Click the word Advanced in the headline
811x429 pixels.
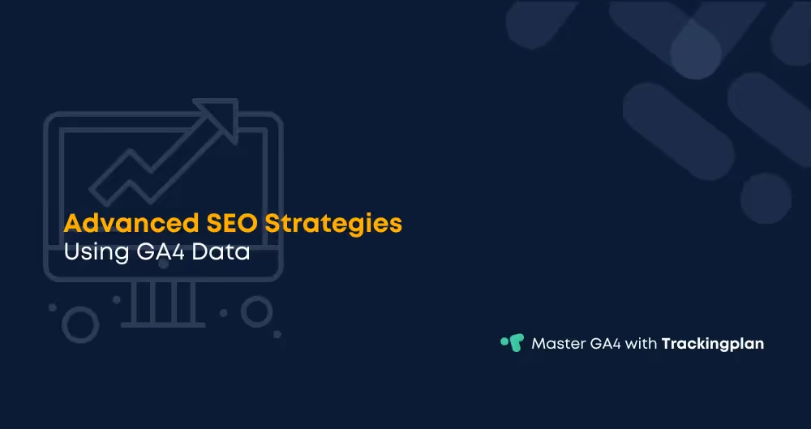tap(123, 223)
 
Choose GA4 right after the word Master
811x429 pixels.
tap(607, 343)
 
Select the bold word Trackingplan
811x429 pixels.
tap(713, 344)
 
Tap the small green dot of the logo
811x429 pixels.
tap(504, 340)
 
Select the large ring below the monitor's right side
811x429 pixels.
tap(257, 311)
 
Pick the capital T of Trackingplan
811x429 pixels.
tap(667, 343)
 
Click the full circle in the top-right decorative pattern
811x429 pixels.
tap(766, 198)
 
